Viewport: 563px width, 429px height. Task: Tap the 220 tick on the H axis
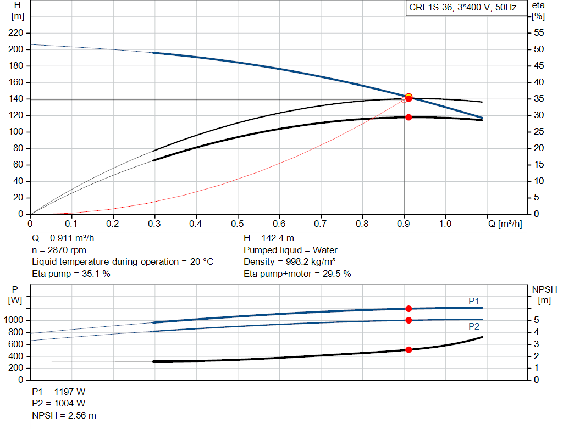[16, 33]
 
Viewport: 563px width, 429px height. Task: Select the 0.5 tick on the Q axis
[238, 224]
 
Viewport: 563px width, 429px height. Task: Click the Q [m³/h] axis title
[504, 224]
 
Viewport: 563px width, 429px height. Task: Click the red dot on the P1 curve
[409, 309]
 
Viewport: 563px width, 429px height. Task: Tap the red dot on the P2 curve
[409, 320]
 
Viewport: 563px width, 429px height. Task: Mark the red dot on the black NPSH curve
[409, 349]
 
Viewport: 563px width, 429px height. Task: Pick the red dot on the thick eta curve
[409, 117]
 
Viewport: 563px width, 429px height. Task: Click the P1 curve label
[474, 300]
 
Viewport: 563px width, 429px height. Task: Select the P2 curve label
[474, 326]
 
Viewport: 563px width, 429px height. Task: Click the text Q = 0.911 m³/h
[67, 238]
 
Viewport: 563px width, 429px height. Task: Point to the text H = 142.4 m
[269, 238]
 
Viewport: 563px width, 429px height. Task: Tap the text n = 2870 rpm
[59, 250]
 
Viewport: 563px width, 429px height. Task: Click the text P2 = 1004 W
[59, 403]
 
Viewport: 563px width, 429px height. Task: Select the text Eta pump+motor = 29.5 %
[297, 274]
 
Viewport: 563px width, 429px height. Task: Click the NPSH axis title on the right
[544, 289]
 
